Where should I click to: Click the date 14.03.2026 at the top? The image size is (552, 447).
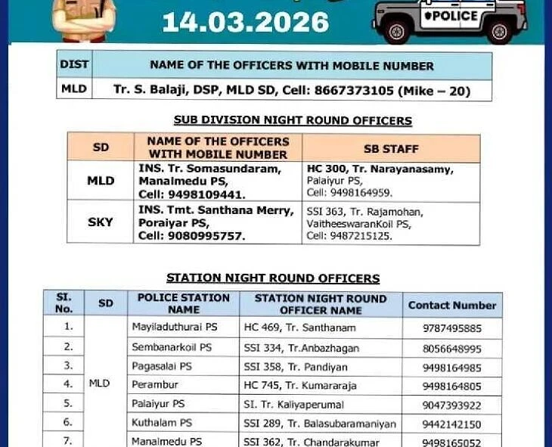coord(246,21)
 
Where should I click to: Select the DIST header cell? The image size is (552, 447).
coord(74,65)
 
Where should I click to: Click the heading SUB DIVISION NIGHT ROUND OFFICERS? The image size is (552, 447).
coord(293,120)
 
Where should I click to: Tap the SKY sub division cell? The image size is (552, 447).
coord(101,222)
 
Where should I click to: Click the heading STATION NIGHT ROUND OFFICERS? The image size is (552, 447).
coord(273,278)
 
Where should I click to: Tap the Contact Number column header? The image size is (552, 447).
coord(451,306)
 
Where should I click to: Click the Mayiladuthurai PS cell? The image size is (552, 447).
coord(174,328)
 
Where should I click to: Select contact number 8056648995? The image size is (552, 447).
coord(451,348)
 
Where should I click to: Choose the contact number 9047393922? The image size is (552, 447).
coord(451,405)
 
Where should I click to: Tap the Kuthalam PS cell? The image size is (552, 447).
coord(161,424)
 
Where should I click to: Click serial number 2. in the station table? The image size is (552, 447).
coord(69,347)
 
